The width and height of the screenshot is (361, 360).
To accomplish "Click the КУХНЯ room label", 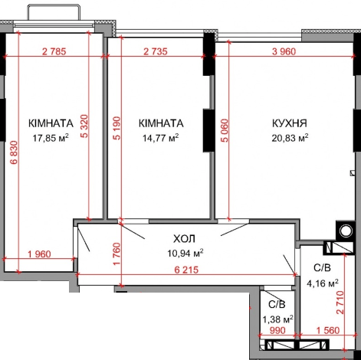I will click(290, 123).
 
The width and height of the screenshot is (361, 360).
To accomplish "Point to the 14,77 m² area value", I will click(160, 139).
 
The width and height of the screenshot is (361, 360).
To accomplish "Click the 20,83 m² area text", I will click(290, 139).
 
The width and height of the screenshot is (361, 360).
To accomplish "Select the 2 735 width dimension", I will click(159, 51).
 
